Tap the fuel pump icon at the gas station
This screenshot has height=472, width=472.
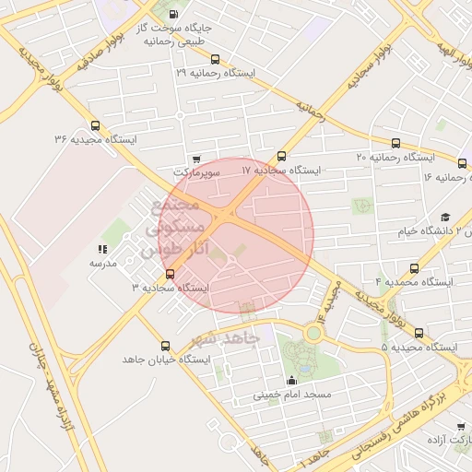coord(174,15)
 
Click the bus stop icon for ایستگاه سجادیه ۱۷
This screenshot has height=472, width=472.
coord(281,156)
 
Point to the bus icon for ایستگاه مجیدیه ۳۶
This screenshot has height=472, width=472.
coord(95,125)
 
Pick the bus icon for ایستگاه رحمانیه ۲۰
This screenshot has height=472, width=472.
coord(396,143)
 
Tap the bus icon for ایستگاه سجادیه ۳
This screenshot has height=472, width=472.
coord(169,274)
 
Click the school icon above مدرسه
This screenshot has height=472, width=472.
coord(102,249)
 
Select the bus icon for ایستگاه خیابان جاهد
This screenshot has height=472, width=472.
coord(165,345)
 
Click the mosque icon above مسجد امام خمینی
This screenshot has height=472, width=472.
coord(292,381)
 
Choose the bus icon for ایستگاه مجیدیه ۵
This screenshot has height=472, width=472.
coord(419,333)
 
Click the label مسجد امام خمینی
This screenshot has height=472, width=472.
coord(291,395)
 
